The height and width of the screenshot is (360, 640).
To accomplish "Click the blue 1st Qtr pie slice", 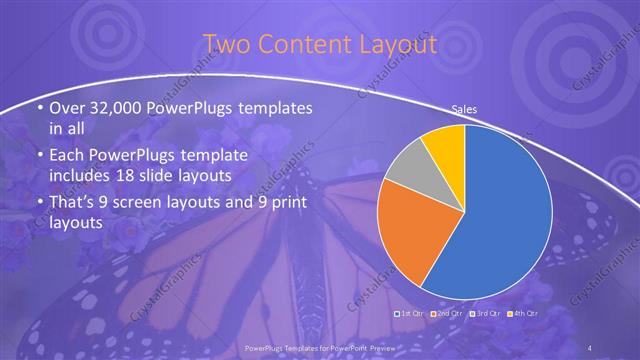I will tap(510, 210).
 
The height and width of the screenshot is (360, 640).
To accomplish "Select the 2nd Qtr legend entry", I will tap(449, 314).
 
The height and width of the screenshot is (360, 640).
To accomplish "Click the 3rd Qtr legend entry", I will tap(485, 314).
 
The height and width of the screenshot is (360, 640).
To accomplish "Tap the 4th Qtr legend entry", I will tap(521, 314).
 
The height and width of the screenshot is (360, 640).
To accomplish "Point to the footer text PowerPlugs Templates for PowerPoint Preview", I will tap(319, 347).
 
